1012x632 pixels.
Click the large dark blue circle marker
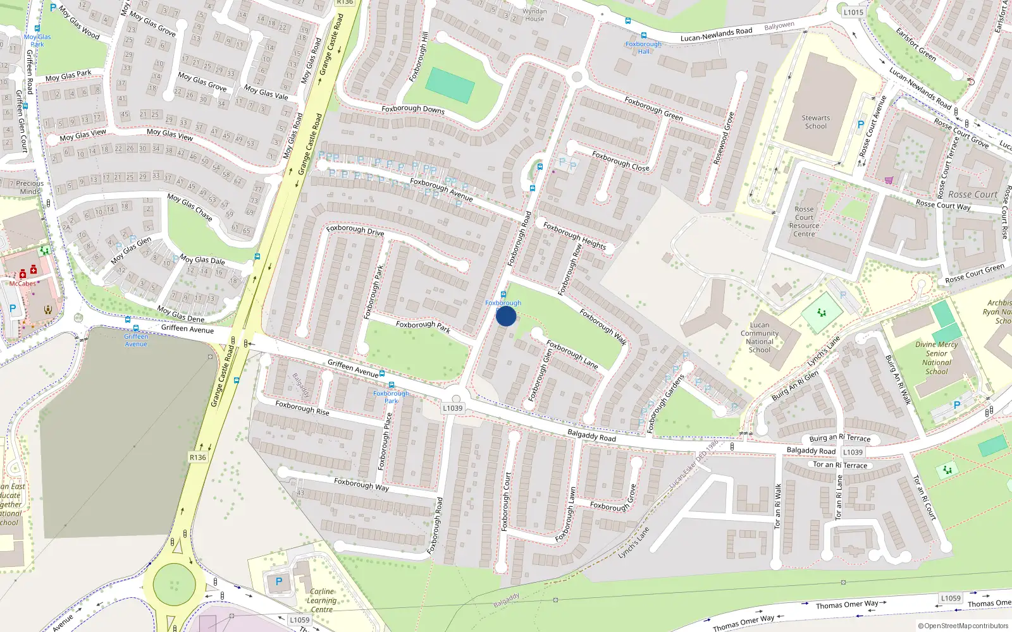click(x=506, y=316)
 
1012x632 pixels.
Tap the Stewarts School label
click(x=815, y=122)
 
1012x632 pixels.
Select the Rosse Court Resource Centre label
click(x=804, y=222)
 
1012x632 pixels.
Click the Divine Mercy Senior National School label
click(x=937, y=358)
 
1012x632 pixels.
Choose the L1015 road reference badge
click(x=853, y=12)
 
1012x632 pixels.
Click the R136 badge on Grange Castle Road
click(x=198, y=457)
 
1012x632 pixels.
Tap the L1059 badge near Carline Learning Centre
click(x=300, y=620)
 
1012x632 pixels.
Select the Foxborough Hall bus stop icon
click(x=644, y=36)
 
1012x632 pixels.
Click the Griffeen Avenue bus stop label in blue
click(x=136, y=340)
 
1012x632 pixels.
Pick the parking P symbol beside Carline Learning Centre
click(x=279, y=581)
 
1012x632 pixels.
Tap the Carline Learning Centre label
click(x=321, y=600)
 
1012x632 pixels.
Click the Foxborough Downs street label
click(x=413, y=109)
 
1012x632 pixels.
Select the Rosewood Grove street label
click(x=724, y=138)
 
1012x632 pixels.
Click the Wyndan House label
click(x=534, y=15)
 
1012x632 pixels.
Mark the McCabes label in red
click(x=23, y=284)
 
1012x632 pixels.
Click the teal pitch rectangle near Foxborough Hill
click(x=450, y=85)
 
